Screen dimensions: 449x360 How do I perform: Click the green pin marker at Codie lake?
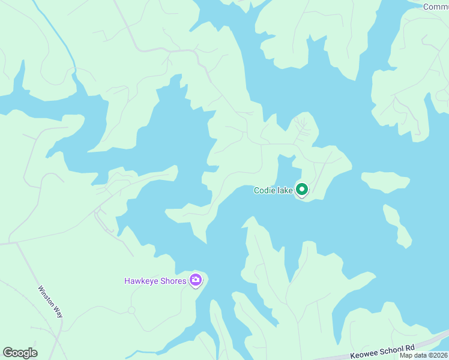tap(302, 190)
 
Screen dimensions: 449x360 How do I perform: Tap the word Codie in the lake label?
tap(265, 191)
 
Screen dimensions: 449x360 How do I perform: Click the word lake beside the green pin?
tap(286, 191)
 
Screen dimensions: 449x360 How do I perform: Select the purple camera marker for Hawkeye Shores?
tap(195, 280)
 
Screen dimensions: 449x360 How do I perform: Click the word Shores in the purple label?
tap(174, 281)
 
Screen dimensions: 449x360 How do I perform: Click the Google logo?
tap(20, 353)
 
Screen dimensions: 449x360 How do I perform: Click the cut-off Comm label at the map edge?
tap(436, 7)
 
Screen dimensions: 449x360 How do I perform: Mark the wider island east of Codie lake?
tap(385, 181)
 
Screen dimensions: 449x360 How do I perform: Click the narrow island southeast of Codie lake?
tap(397, 226)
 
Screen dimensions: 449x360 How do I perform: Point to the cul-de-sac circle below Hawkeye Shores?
tap(131, 310)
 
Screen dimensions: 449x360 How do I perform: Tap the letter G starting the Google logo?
tap(8, 353)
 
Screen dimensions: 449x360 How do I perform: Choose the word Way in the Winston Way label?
tap(58, 314)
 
